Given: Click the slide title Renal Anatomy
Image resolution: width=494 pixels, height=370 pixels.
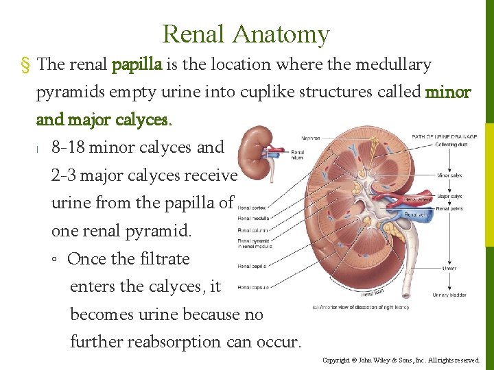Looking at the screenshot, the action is click(x=246, y=34).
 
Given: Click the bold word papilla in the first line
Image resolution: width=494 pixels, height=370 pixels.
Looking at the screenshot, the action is click(x=137, y=65).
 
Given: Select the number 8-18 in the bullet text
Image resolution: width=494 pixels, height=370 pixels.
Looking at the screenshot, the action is click(x=69, y=147).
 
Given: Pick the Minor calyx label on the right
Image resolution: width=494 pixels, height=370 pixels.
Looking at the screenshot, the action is click(x=450, y=175).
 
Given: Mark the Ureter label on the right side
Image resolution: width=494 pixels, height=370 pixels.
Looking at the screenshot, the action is click(x=449, y=268).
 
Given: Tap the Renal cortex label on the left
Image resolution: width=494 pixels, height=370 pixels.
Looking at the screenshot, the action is click(x=251, y=207).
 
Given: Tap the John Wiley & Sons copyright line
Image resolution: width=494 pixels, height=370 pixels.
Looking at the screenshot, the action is click(x=402, y=360).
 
